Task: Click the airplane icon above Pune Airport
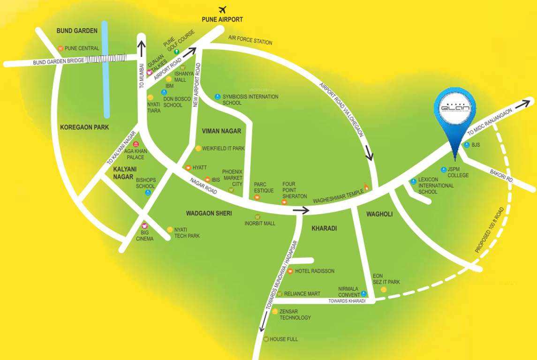pyautogui.click(x=222, y=9)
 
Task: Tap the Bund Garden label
pyautogui.click(x=77, y=31)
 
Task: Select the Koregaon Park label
pyautogui.click(x=84, y=127)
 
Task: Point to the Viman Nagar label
pyautogui.click(x=221, y=131)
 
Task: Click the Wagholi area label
pyautogui.click(x=379, y=214)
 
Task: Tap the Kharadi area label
pyautogui.click(x=325, y=228)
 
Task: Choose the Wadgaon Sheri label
pyautogui.click(x=209, y=213)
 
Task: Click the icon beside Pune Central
pyautogui.click(x=60, y=48)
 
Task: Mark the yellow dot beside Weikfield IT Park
pyautogui.click(x=198, y=149)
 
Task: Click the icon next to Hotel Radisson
pyautogui.click(x=290, y=271)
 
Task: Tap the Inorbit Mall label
pyautogui.click(x=260, y=224)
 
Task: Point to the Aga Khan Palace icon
pyautogui.click(x=136, y=144)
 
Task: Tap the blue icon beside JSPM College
pyautogui.click(x=443, y=169)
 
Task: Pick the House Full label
pyautogui.click(x=283, y=339)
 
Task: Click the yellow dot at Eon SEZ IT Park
pyautogui.click(x=384, y=290)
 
